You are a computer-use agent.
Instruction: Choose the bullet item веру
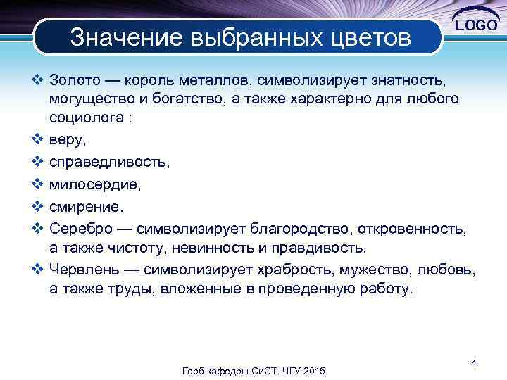[68, 140]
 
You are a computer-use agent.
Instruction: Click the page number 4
[474, 363]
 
